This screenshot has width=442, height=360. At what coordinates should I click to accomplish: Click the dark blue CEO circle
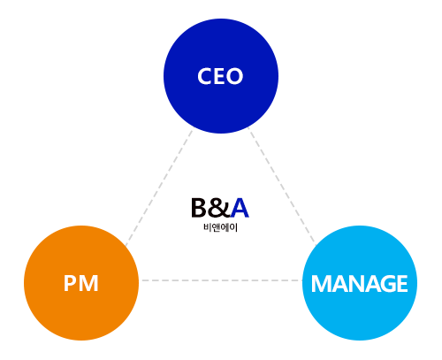(x=221, y=76)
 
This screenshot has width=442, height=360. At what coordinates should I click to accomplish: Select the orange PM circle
(x=81, y=283)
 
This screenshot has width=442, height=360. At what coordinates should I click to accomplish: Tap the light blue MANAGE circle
(x=360, y=283)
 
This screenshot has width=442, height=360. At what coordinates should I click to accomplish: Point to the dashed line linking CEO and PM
(x=159, y=188)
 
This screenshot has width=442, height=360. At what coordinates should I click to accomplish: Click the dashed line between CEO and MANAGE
(x=282, y=187)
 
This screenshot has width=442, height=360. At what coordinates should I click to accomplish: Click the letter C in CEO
(x=205, y=76)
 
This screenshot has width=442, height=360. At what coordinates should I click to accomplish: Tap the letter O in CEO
(x=234, y=76)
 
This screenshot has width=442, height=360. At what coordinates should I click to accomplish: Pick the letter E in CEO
(x=219, y=76)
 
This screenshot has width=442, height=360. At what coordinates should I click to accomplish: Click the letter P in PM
(x=69, y=283)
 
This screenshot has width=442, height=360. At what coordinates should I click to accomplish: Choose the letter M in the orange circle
(x=88, y=283)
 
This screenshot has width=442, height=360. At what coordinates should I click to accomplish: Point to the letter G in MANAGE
(x=386, y=284)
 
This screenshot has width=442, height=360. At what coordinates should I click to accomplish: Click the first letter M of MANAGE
(x=321, y=284)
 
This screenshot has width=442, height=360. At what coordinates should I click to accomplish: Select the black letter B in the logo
(x=199, y=208)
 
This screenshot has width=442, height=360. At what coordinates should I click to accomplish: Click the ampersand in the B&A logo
(x=219, y=208)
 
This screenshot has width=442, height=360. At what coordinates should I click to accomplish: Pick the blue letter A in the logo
(x=240, y=208)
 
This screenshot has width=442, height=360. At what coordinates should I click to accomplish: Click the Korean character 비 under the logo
(x=207, y=227)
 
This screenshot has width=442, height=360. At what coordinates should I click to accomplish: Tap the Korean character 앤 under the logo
(x=216, y=227)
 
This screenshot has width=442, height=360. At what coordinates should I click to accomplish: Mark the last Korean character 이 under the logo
(x=233, y=227)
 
